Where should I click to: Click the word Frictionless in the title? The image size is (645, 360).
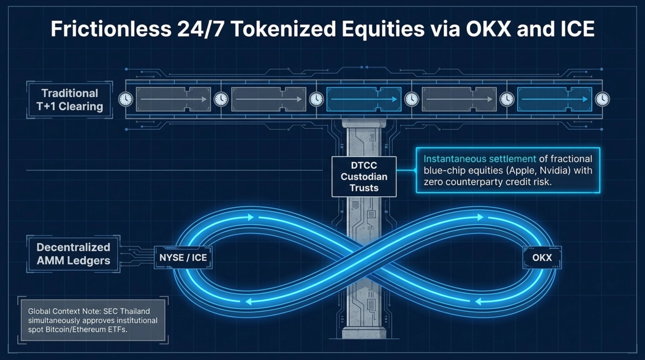[x=111, y=29]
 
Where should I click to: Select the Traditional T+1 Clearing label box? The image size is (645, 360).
[x=70, y=100]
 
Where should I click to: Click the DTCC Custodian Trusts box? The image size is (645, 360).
[x=364, y=177]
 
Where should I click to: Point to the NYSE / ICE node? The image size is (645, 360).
[x=183, y=257]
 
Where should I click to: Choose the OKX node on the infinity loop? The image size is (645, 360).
[x=542, y=257]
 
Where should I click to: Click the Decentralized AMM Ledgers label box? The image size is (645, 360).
[x=73, y=254]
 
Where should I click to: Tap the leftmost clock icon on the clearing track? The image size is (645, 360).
[x=126, y=99]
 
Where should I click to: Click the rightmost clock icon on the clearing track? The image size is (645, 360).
[x=602, y=99]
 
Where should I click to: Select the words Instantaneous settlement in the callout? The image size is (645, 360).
[x=480, y=159]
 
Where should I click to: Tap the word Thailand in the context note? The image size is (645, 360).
[x=135, y=311]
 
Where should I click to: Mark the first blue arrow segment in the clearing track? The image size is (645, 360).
[x=364, y=99]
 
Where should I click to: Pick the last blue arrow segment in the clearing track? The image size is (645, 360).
[x=555, y=99]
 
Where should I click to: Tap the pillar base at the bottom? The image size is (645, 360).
[x=364, y=332]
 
